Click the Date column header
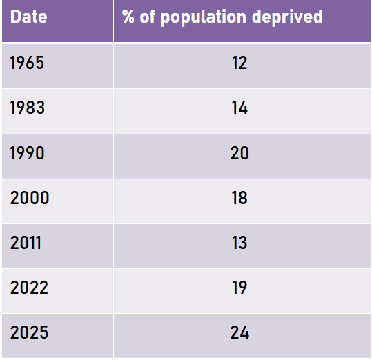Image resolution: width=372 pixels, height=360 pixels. click(29, 17)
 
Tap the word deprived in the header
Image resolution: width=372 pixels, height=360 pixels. click(289, 17)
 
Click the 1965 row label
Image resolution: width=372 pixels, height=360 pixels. click(28, 63)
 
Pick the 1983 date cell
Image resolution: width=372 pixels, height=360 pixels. click(28, 108)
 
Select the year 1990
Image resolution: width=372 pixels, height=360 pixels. click(28, 153)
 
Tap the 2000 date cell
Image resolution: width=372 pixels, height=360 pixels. click(30, 198)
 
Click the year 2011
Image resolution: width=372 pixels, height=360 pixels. click(26, 243)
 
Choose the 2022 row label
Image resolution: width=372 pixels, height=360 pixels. click(29, 288)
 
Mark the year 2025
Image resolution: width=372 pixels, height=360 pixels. click(29, 332)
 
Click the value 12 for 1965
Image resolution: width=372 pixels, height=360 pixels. click(239, 63)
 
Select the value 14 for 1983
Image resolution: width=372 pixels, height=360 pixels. click(239, 108)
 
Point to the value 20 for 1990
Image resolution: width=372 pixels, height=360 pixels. click(239, 153)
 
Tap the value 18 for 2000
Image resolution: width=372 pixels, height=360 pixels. click(239, 198)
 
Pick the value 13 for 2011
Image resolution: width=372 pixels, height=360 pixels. click(239, 243)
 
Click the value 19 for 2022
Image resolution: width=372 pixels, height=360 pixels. click(239, 288)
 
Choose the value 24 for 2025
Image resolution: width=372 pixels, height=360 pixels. click(239, 332)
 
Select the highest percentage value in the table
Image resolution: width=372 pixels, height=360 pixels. click(239, 332)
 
